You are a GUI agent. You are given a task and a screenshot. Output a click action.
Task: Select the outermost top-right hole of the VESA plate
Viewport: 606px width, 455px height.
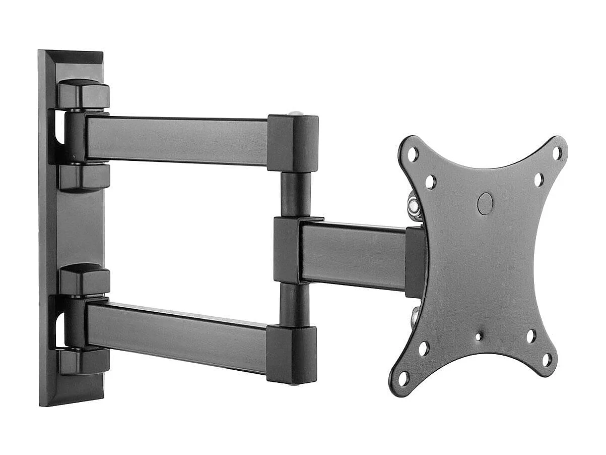[x=557, y=153]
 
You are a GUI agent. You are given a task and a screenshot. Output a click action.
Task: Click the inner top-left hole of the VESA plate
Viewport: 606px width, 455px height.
[x=430, y=182]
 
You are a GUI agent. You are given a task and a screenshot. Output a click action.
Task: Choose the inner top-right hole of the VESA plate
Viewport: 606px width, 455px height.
[x=538, y=180]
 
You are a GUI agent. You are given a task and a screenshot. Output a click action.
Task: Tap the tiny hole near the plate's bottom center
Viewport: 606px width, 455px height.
[x=478, y=336]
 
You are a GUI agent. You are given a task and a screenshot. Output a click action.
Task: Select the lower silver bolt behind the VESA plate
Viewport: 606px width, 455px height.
[x=415, y=316]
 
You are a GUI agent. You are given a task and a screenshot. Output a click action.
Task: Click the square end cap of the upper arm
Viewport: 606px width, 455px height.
[x=293, y=143]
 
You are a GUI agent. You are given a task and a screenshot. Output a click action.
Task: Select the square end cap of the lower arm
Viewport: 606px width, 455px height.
[x=292, y=354]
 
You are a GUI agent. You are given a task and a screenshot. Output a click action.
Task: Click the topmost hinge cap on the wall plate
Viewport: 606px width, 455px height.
[x=84, y=94]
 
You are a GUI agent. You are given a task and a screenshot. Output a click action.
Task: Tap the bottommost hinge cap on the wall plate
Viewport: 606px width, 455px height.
[x=84, y=361]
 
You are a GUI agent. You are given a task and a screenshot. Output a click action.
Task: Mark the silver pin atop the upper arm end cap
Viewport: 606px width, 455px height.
[x=297, y=113]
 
